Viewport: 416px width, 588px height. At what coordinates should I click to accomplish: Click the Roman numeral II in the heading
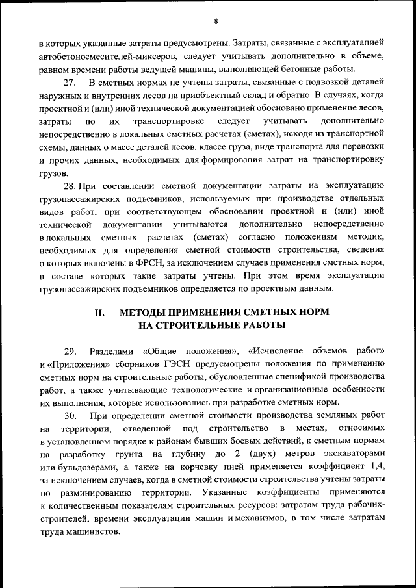click(x=100, y=313)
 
